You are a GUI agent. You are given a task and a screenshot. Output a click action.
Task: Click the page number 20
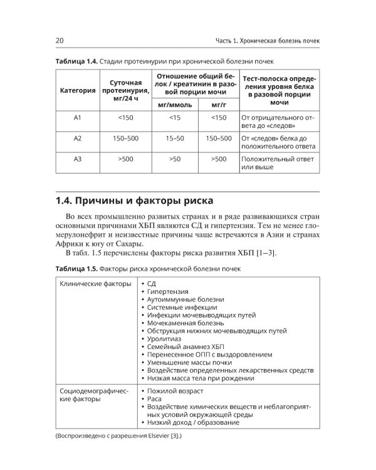point(60,41)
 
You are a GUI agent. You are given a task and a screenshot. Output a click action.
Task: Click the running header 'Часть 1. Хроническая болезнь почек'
point(266,41)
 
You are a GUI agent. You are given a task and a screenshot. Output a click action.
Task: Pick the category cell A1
point(78,118)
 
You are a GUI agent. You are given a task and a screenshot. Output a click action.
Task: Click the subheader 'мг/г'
point(219,105)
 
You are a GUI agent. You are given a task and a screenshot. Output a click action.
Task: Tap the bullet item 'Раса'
point(154,399)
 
